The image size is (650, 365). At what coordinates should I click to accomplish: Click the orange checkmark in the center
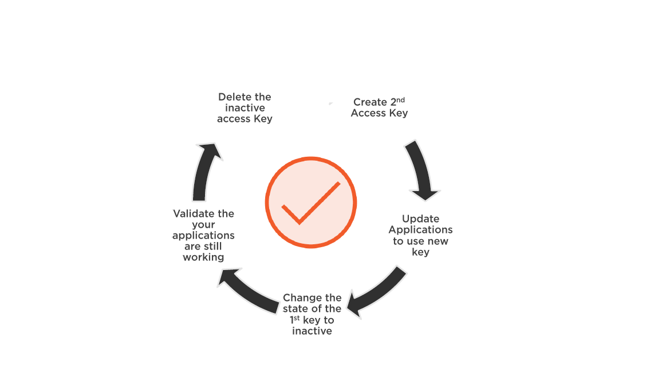(x=310, y=203)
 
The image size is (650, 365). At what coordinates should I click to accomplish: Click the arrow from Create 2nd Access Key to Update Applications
(x=421, y=170)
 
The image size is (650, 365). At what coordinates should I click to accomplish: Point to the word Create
(x=370, y=102)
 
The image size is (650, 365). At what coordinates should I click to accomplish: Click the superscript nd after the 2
(x=400, y=100)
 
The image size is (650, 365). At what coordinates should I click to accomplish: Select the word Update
(x=420, y=219)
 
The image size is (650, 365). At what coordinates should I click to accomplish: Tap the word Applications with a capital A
(x=420, y=230)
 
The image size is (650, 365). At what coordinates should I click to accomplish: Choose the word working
(x=203, y=257)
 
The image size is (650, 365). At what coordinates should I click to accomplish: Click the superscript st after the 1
(x=297, y=318)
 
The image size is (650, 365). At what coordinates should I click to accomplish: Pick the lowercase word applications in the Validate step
(x=203, y=236)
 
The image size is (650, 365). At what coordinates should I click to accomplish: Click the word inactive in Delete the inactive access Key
(x=245, y=108)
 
